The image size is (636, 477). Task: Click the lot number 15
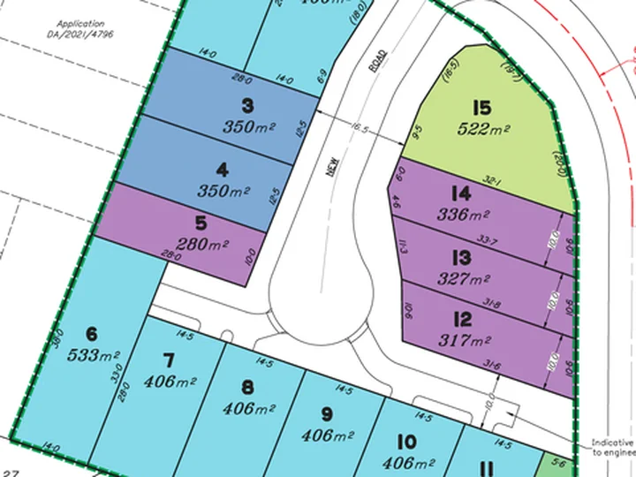481,109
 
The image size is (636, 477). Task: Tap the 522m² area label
481,129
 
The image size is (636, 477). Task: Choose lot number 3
247,106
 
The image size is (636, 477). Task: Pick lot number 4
247,170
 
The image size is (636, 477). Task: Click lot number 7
170,360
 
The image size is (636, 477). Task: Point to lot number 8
247,386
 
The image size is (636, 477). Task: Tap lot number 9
326,413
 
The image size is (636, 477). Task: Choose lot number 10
406,441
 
